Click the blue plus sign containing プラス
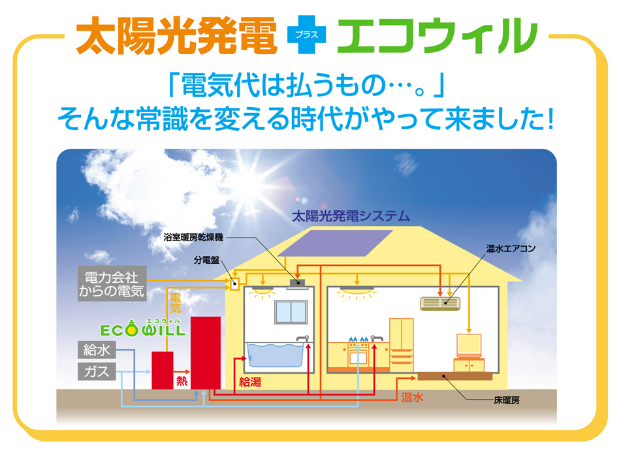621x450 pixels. [x=306, y=35]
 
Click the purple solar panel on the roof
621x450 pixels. [x=335, y=243]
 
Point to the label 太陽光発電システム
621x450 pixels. [x=351, y=216]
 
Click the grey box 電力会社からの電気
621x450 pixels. [x=112, y=283]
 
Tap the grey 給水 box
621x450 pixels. [x=97, y=350]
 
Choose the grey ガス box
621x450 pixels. [x=97, y=372]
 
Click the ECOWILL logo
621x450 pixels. [x=142, y=328]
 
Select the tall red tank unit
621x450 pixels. [x=206, y=353]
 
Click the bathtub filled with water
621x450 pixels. [x=275, y=355]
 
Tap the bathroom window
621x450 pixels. [x=291, y=312]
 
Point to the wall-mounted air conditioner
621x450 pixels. [x=440, y=303]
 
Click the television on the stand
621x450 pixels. [x=469, y=346]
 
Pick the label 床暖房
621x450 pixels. [x=507, y=400]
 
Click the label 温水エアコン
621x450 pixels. [x=511, y=248]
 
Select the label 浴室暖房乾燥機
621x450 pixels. [x=193, y=237]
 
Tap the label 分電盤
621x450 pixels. [x=206, y=260]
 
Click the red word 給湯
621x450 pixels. [x=250, y=382]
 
